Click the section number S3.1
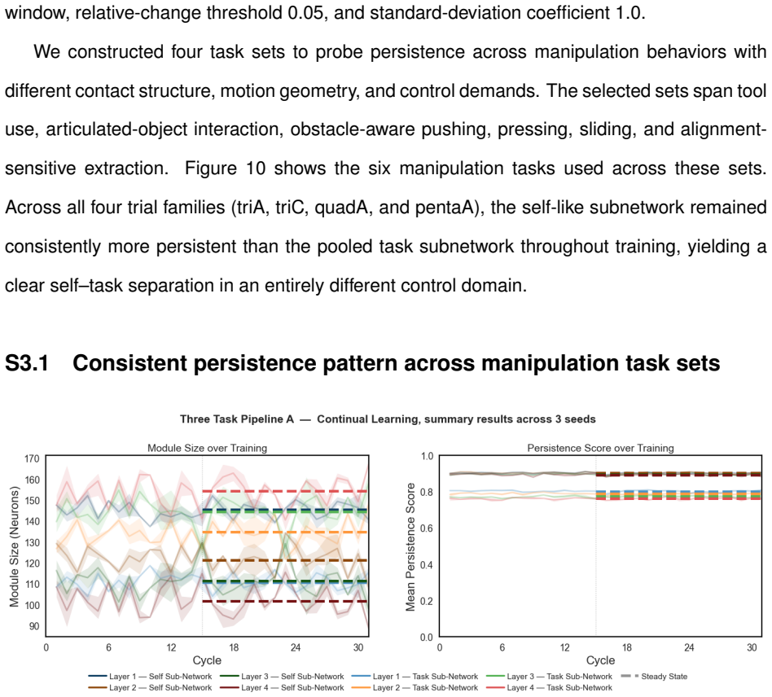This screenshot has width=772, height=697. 27,363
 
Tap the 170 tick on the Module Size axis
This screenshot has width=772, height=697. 32,458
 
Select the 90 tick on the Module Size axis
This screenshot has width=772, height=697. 34,626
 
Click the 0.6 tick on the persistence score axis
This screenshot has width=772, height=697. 427,528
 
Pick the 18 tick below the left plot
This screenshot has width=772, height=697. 234,647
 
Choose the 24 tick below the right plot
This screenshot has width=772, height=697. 689,647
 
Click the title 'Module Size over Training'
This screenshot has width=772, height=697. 208,448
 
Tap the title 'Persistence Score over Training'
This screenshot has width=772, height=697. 600,448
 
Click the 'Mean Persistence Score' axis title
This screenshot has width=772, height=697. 410,546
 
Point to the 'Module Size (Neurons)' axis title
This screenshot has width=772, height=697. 14,546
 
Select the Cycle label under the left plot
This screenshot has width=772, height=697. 207,660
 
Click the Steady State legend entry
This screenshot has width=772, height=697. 654,677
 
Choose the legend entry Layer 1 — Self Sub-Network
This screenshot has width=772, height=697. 150,677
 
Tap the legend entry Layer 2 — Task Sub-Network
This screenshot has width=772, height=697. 415,688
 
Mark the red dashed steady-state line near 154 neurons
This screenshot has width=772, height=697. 285,491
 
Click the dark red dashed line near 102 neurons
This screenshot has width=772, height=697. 285,602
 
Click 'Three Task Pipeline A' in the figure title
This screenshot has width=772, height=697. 237,419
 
